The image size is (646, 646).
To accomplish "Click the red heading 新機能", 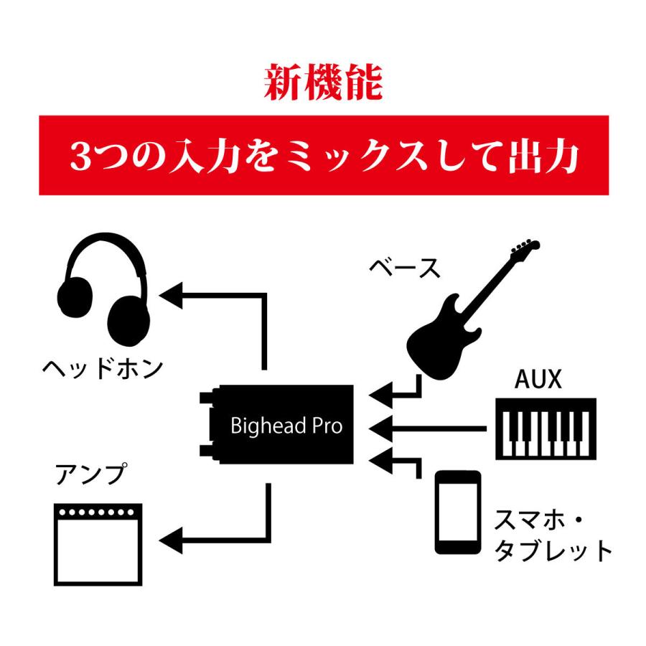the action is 324,83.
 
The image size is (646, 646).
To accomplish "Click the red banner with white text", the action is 324,155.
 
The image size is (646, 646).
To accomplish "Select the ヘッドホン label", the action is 103,368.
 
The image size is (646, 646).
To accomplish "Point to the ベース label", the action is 405,268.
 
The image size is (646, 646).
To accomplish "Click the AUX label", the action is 538,379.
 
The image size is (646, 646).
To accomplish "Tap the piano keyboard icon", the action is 546,429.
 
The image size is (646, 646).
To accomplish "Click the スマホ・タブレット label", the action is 553,535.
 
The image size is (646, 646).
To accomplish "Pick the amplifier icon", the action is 98,544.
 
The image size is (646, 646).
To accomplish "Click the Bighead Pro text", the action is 286,426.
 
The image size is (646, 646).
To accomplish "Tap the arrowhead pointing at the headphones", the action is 171,296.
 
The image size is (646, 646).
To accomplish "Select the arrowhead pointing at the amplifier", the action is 171,540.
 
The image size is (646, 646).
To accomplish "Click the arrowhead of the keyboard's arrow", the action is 380,429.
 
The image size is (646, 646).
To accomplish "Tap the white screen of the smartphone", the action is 458,512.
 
